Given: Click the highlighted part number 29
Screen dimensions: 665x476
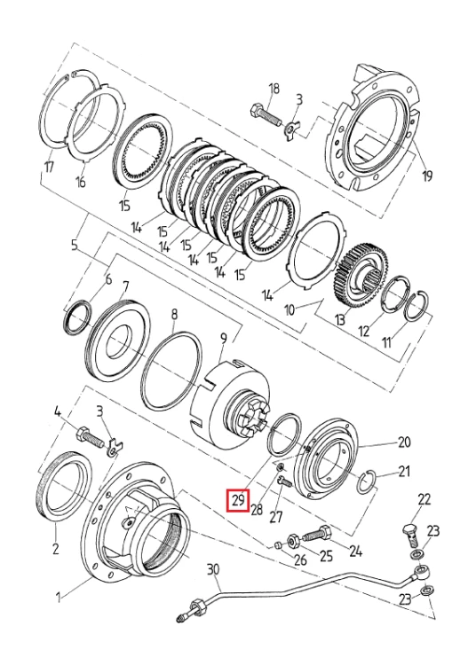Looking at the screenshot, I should point(238,501).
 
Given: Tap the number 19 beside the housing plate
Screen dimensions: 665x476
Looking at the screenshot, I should point(427,176).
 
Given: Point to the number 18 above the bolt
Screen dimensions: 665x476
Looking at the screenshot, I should point(274,89).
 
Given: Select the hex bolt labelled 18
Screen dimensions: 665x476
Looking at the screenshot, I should point(266,115).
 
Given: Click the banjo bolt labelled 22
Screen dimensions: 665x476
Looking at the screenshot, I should point(409,533).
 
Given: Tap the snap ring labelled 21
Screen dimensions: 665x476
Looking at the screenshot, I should point(370,483).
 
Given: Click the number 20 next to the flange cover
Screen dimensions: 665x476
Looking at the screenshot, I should point(404,442).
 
